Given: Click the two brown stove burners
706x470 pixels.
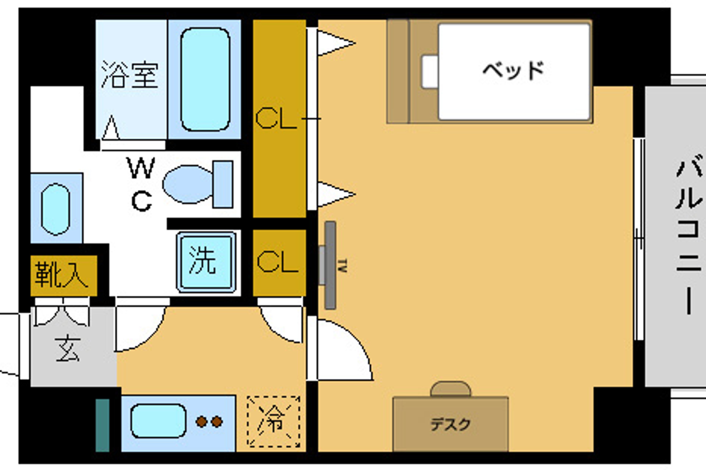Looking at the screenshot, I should click(209, 422).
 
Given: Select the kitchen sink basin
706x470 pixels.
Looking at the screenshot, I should click(158, 421).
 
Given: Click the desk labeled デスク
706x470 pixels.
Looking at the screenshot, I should click(450, 424).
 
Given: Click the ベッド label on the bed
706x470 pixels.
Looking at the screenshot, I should click(513, 70).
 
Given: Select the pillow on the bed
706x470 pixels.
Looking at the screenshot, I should click(430, 72).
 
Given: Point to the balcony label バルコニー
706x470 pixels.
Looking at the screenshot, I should click(689, 237).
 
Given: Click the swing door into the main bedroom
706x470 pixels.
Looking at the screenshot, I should click(342, 351).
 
